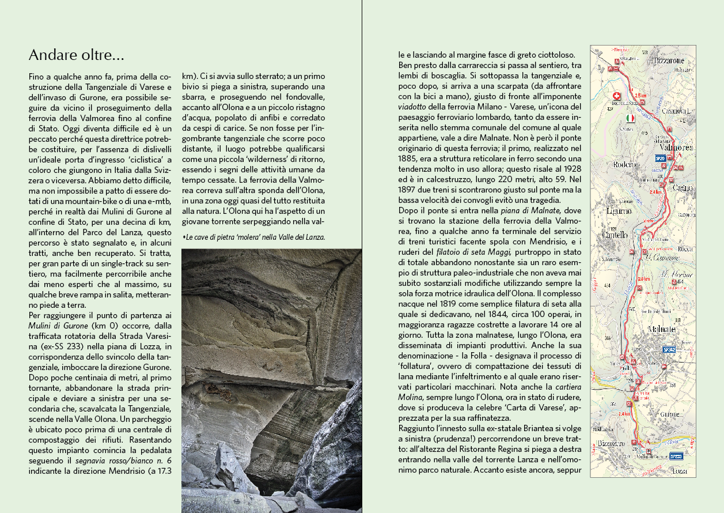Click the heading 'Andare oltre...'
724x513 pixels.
tap(76, 56)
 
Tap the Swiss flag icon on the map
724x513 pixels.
tap(617, 96)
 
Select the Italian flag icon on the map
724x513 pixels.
tap(630, 118)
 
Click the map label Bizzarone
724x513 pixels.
tap(669, 60)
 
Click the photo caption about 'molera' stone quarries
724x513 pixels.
tap(253, 237)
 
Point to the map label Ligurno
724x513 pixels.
tap(619, 211)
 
